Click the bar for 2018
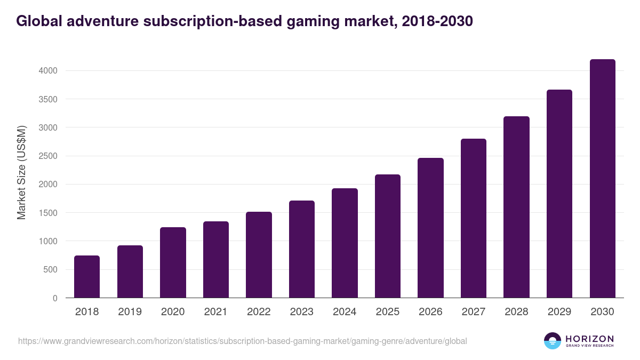click(x=87, y=277)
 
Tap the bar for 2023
click(x=302, y=249)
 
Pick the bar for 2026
click(x=430, y=228)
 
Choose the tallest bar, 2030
click(x=602, y=179)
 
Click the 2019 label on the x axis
click(x=130, y=312)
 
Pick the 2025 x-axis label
click(x=388, y=312)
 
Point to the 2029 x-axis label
click(x=559, y=312)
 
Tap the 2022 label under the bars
click(x=259, y=312)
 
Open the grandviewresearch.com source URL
click(x=243, y=341)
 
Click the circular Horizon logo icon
click(x=552, y=341)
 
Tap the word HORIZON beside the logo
click(x=589, y=339)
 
